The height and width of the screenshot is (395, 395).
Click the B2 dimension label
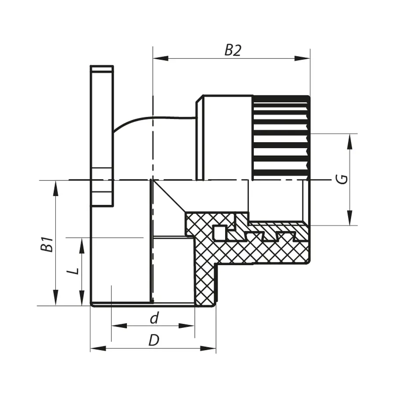pyautogui.click(x=233, y=50)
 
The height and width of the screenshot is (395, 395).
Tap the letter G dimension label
pyautogui.click(x=344, y=179)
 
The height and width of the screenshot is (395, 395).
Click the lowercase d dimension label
pyautogui.click(x=154, y=319)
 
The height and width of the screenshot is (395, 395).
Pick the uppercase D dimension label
pyautogui.click(x=153, y=341)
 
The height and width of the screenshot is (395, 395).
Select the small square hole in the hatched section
pyautogui.click(x=219, y=232)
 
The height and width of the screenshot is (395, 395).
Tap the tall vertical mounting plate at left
pyautogui.click(x=102, y=136)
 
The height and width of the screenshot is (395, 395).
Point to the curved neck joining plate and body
pyautogui.click(x=145, y=121)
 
